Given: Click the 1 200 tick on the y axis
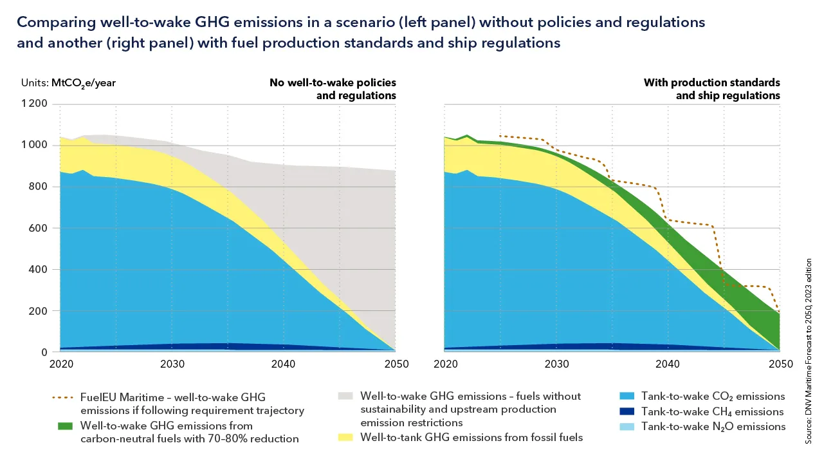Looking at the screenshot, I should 35,104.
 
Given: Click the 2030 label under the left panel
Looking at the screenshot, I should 172,364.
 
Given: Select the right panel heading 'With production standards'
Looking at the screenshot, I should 711,83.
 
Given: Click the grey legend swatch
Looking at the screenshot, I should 347,397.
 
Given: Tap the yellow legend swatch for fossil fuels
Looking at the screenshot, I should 347,438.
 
